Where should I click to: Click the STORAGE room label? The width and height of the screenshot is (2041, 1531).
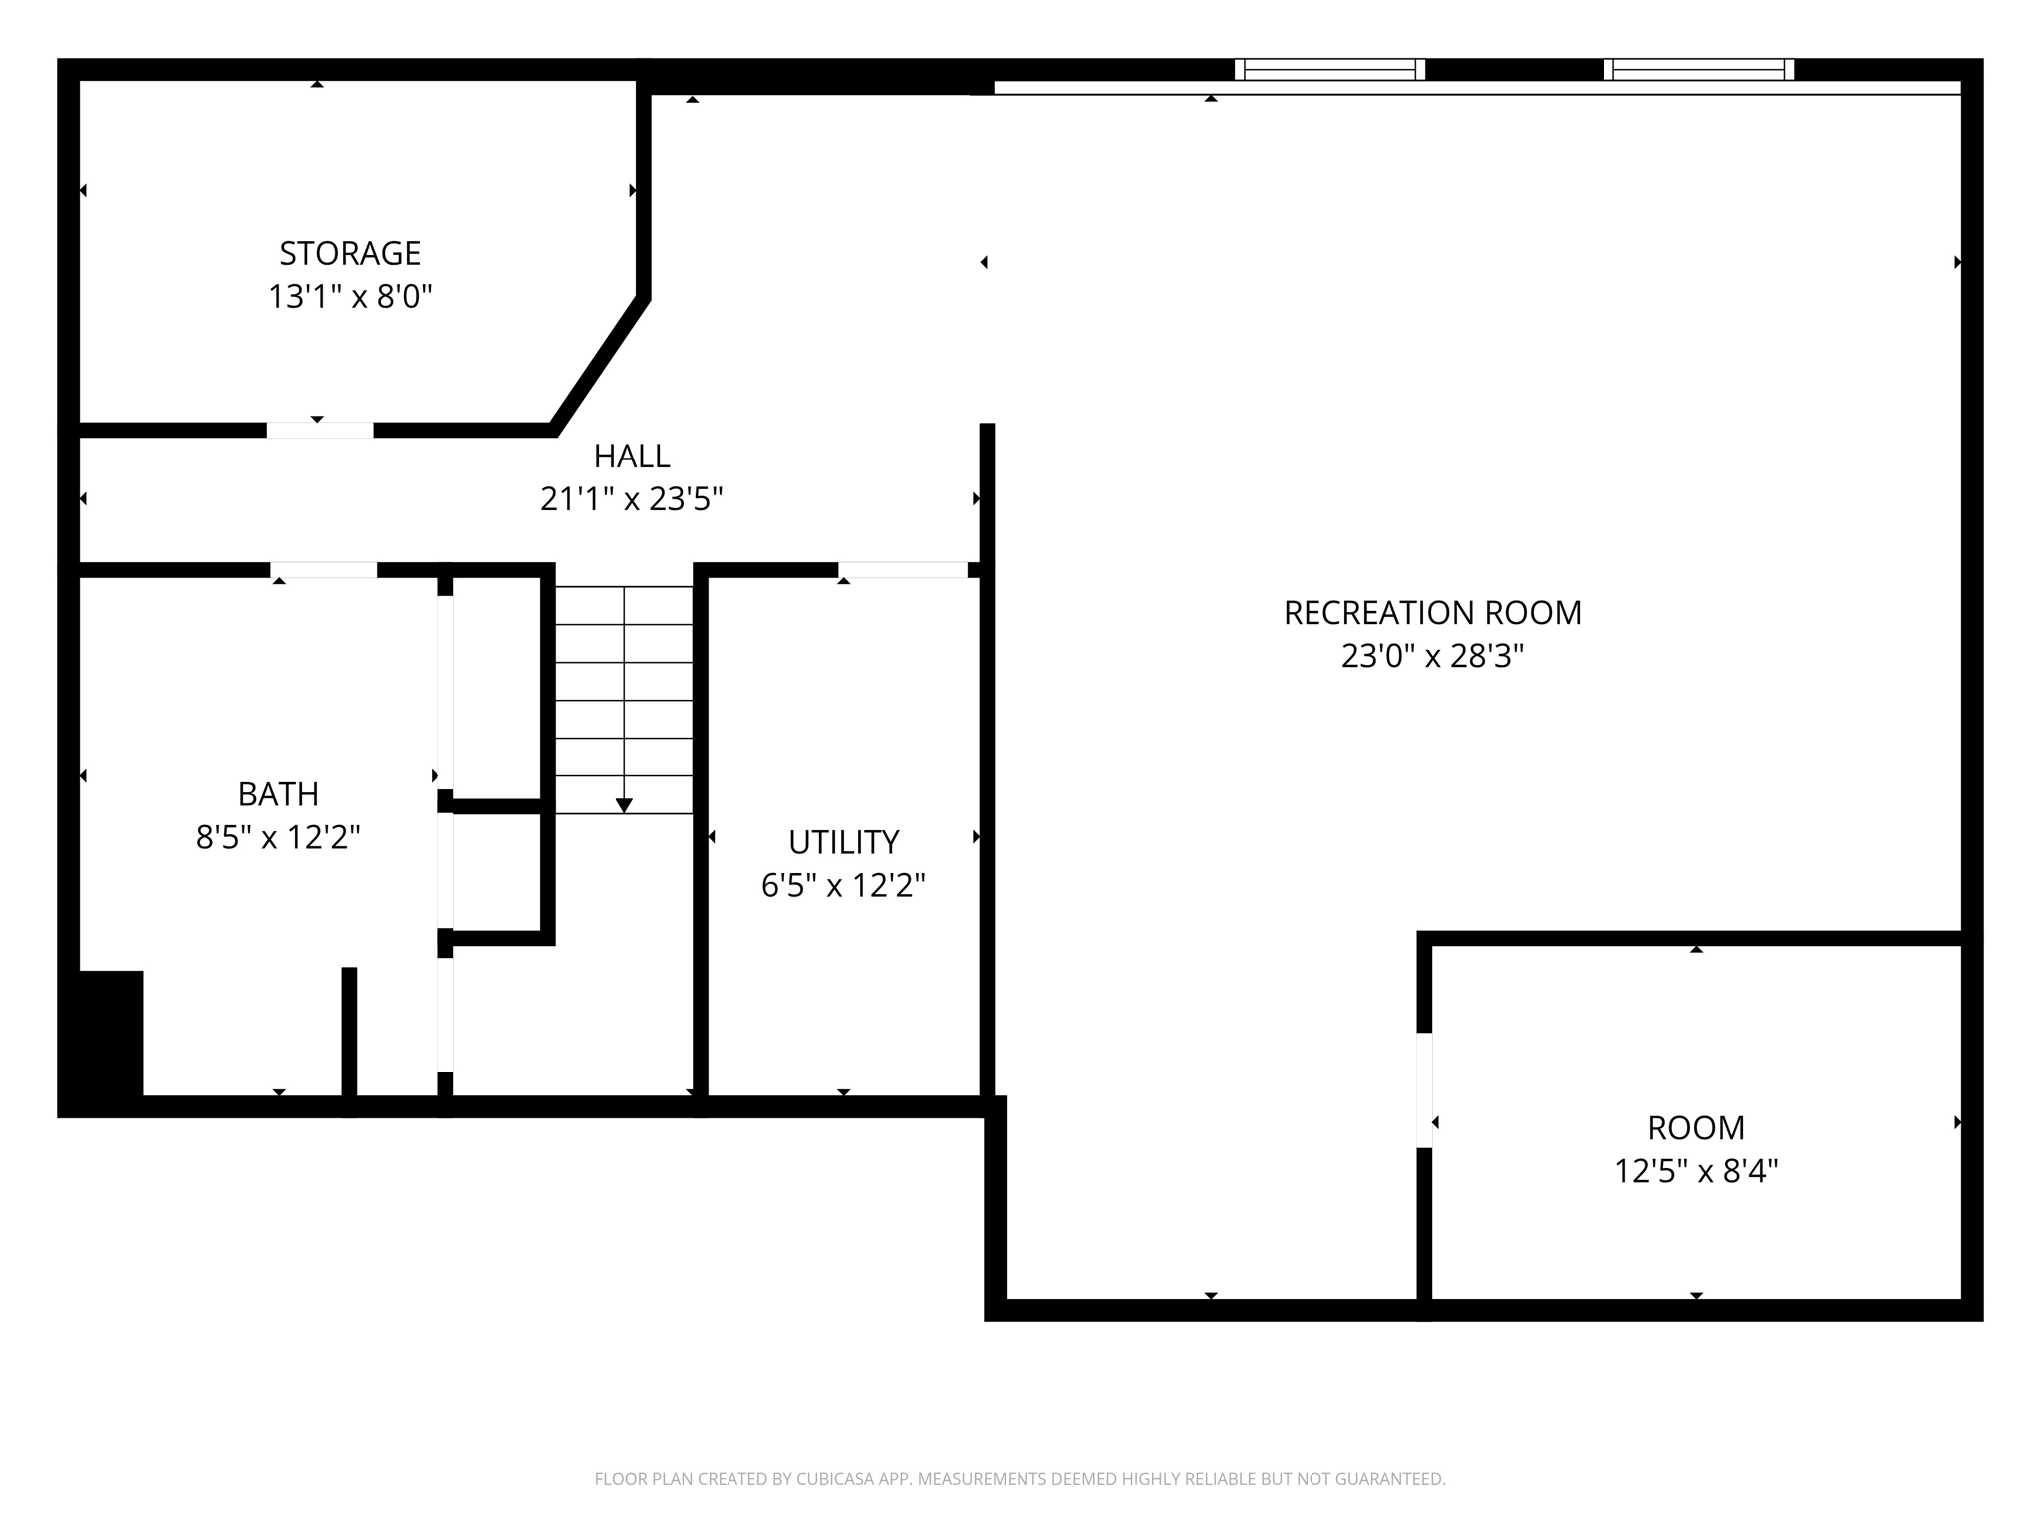pyautogui.click(x=349, y=253)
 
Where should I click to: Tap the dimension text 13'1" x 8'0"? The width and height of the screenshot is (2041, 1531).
pyautogui.click(x=349, y=297)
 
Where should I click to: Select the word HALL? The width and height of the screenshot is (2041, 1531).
pyautogui.click(x=631, y=456)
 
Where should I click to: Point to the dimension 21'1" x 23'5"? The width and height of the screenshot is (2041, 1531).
pyautogui.click(x=631, y=498)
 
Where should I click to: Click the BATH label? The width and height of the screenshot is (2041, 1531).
pyautogui.click(x=278, y=794)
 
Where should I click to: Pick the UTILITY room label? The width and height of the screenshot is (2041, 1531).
pyautogui.click(x=843, y=842)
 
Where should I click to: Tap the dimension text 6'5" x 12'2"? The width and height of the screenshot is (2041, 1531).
pyautogui.click(x=843, y=885)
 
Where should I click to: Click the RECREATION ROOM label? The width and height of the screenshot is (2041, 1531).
pyautogui.click(x=1432, y=612)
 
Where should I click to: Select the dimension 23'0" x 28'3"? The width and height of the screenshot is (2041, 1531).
pyautogui.click(x=1432, y=656)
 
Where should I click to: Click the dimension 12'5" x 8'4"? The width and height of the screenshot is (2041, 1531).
pyautogui.click(x=1695, y=1171)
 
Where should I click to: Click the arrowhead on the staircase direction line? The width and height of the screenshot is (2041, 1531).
pyautogui.click(x=624, y=805)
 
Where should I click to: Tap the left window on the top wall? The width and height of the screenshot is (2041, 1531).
pyautogui.click(x=1329, y=69)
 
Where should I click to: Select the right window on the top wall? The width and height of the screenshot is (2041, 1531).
pyautogui.click(x=1698, y=69)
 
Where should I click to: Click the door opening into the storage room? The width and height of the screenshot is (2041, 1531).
pyautogui.click(x=319, y=430)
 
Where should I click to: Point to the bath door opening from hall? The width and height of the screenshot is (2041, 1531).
pyautogui.click(x=323, y=570)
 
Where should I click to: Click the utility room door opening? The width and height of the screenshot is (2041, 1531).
pyautogui.click(x=902, y=570)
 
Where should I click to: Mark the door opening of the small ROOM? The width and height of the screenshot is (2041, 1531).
pyautogui.click(x=1424, y=1089)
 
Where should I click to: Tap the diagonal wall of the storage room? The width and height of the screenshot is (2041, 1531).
pyautogui.click(x=600, y=365)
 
